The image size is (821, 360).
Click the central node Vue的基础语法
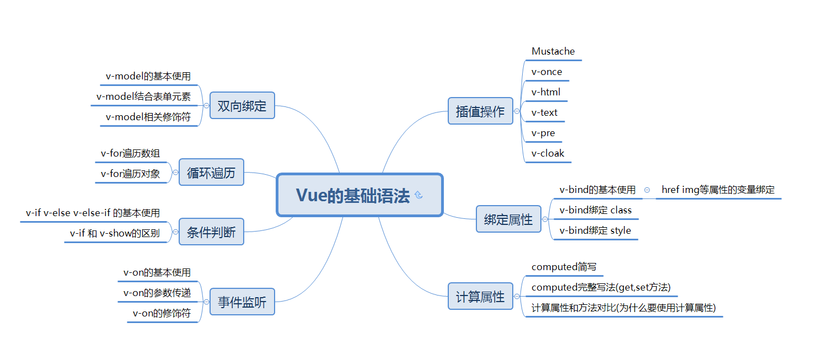click(353, 196)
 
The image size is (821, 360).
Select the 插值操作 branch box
click(480, 111)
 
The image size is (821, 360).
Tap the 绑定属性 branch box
click(508, 219)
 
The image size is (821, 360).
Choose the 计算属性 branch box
click(480, 297)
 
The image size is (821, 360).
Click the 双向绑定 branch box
click(242, 106)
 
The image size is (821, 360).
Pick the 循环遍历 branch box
click(211, 173)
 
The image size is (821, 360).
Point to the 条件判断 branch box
click(211, 232)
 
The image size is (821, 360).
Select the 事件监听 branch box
click(242, 302)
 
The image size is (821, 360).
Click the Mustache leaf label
click(553, 51)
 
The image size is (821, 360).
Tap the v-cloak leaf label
click(548, 153)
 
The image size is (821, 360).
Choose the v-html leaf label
click(546, 92)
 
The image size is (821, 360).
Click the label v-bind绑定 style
click(595, 230)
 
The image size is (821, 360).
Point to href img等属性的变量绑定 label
click(718, 190)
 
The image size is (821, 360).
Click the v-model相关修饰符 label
click(148, 117)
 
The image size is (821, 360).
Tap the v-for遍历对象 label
click(131, 174)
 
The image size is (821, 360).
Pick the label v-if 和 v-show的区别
click(115, 233)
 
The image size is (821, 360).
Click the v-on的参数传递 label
click(157, 293)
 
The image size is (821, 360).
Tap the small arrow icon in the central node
click(418, 195)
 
